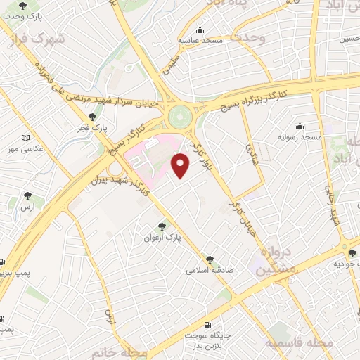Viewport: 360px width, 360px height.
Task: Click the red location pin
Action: (x=181, y=165)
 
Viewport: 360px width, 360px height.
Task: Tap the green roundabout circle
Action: (x=181, y=114)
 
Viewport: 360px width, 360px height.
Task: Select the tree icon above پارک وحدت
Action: (x=25, y=5)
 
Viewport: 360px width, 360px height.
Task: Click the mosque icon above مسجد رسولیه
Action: (x=300, y=126)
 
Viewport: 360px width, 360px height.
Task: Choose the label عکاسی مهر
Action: (x=25, y=149)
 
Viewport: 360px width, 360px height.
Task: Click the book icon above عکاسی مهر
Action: (x=26, y=138)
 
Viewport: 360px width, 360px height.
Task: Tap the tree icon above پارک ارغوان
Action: (x=163, y=226)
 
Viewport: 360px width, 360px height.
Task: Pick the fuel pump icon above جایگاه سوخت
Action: (x=206, y=325)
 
